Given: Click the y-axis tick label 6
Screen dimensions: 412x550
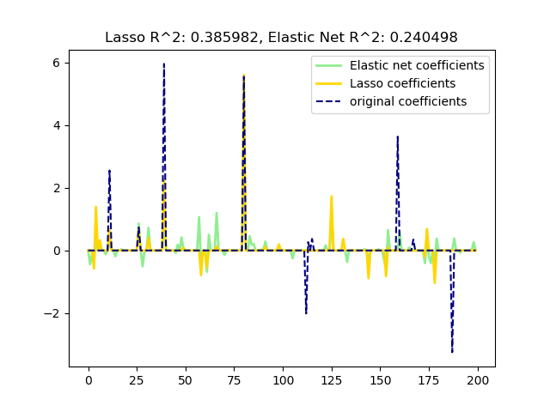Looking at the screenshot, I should [56, 63].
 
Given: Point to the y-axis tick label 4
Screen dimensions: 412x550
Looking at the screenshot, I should [56, 125].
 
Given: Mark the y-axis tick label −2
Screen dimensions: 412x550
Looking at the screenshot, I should [52, 313].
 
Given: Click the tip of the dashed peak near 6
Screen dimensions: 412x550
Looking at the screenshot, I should [164, 64].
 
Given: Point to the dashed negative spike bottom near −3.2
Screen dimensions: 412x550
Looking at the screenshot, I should [452, 351].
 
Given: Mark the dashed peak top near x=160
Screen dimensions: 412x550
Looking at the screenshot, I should [397, 136].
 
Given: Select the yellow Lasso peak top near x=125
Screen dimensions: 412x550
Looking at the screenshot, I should [332, 197].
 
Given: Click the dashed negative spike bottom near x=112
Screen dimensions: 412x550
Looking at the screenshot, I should [306, 313].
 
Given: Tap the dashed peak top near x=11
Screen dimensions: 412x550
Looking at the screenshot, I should [110, 170].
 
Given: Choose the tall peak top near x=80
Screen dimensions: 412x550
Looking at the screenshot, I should [244, 76].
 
